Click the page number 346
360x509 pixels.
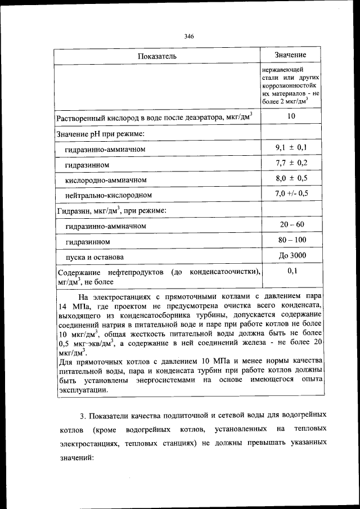pos(189,37)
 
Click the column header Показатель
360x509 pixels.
pos(157,56)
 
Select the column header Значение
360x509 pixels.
pos(290,55)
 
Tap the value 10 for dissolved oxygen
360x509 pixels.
pos(291,116)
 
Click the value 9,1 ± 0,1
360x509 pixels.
pos(291,147)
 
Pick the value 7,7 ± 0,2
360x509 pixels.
pos(291,163)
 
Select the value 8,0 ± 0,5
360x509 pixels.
pos(291,178)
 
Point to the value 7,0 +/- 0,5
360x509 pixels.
pos(291,193)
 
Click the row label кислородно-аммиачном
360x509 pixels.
pos(106,179)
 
